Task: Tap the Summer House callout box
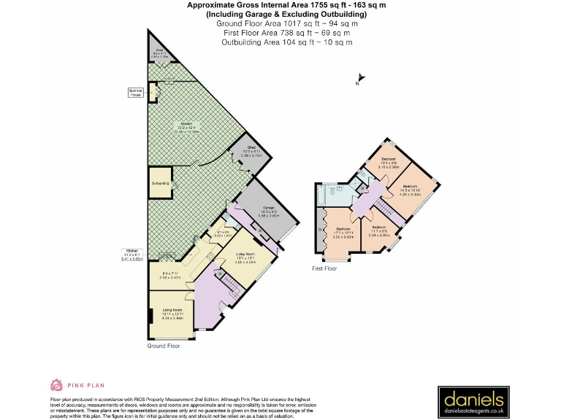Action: click(x=136, y=93)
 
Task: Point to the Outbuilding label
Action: click(x=160, y=183)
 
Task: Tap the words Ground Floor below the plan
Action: click(x=163, y=346)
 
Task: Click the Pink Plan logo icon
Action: click(x=56, y=384)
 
